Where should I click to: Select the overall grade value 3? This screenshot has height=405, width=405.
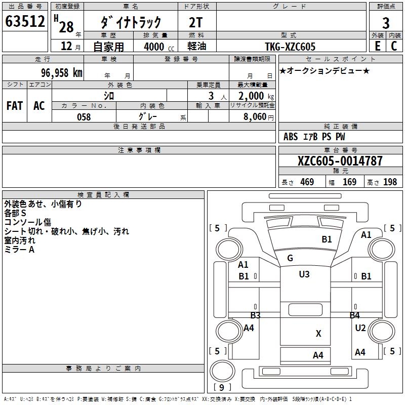pos(386,23)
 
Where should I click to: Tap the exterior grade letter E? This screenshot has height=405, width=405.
pos(377,46)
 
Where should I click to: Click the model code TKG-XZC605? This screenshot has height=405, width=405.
pos(290,47)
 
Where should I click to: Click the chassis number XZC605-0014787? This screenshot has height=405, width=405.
pos(340,161)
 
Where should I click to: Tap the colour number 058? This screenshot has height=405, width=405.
pos(84,117)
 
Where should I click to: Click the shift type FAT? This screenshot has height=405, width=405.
pos(15,105)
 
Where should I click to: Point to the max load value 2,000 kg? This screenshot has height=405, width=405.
pos(254,96)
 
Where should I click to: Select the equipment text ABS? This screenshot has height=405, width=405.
pos(291,137)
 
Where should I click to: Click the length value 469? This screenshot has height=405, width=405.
pos(307,182)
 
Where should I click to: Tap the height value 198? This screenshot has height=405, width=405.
pos(390,182)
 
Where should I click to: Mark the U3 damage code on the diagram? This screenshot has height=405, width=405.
pos(304,274)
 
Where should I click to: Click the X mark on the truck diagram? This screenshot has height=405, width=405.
pos(318,334)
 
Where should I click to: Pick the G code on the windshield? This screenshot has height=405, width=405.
pos(290,258)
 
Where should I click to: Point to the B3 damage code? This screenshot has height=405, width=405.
pos(255,315)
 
